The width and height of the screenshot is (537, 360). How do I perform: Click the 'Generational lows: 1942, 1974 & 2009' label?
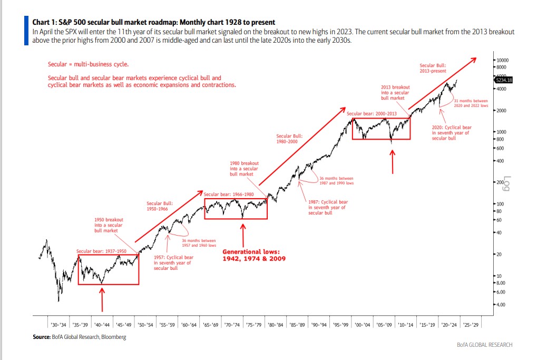pos(251,255)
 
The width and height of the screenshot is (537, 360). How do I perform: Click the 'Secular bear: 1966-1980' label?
pos(229,194)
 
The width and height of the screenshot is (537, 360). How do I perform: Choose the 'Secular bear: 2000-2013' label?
pos(371,113)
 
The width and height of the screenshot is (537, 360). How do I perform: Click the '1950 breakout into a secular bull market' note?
pos(109,225)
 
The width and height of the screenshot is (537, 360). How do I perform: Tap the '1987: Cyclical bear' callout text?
pos(328,207)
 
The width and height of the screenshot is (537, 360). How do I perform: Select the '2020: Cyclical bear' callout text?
pos(451,132)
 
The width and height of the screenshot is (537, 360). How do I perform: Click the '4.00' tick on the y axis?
pos(501,304)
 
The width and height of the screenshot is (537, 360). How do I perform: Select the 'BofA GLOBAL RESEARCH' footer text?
pos(485,345)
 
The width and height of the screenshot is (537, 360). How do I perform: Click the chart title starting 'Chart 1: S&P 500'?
pos(153,22)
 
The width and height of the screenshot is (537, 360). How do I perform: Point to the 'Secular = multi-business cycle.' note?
pos(88,64)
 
